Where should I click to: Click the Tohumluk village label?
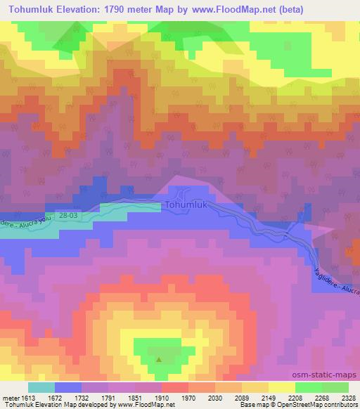pos(186,205)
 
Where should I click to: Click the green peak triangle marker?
pos(159,360)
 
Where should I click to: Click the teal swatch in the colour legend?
pos(41,388)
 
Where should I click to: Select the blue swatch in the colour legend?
pos(68,388)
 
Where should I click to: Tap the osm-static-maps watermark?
pos(327,373)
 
